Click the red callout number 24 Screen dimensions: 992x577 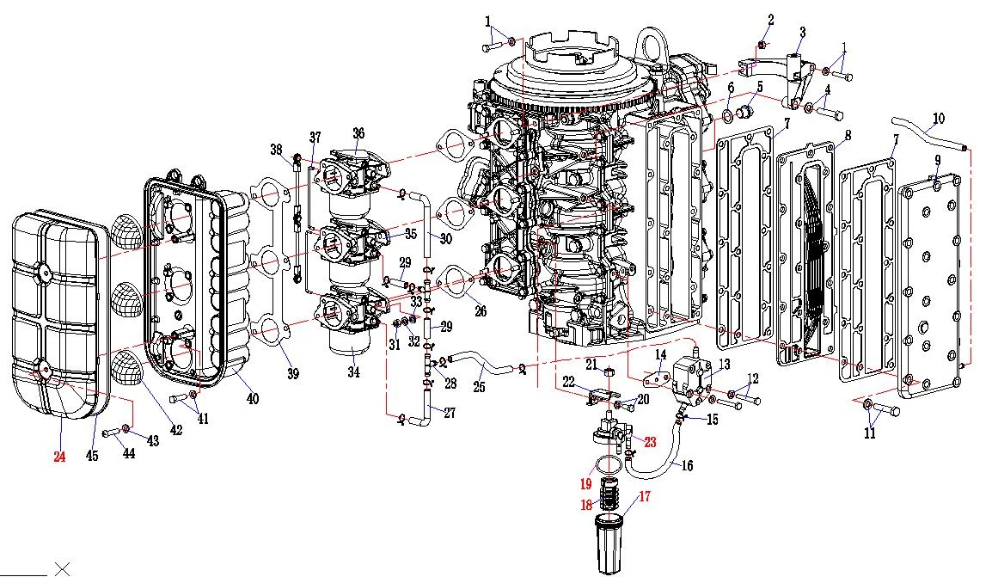[59, 457]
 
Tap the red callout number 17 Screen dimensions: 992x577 [644, 496]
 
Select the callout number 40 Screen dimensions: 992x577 [253, 399]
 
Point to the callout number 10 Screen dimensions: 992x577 [939, 119]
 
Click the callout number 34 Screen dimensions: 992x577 [353, 372]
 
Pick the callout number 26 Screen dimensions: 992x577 [481, 310]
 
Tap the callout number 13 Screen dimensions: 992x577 [725, 364]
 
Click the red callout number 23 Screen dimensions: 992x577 [651, 442]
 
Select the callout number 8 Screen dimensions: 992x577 [848, 135]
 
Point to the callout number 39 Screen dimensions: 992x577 [292, 373]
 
